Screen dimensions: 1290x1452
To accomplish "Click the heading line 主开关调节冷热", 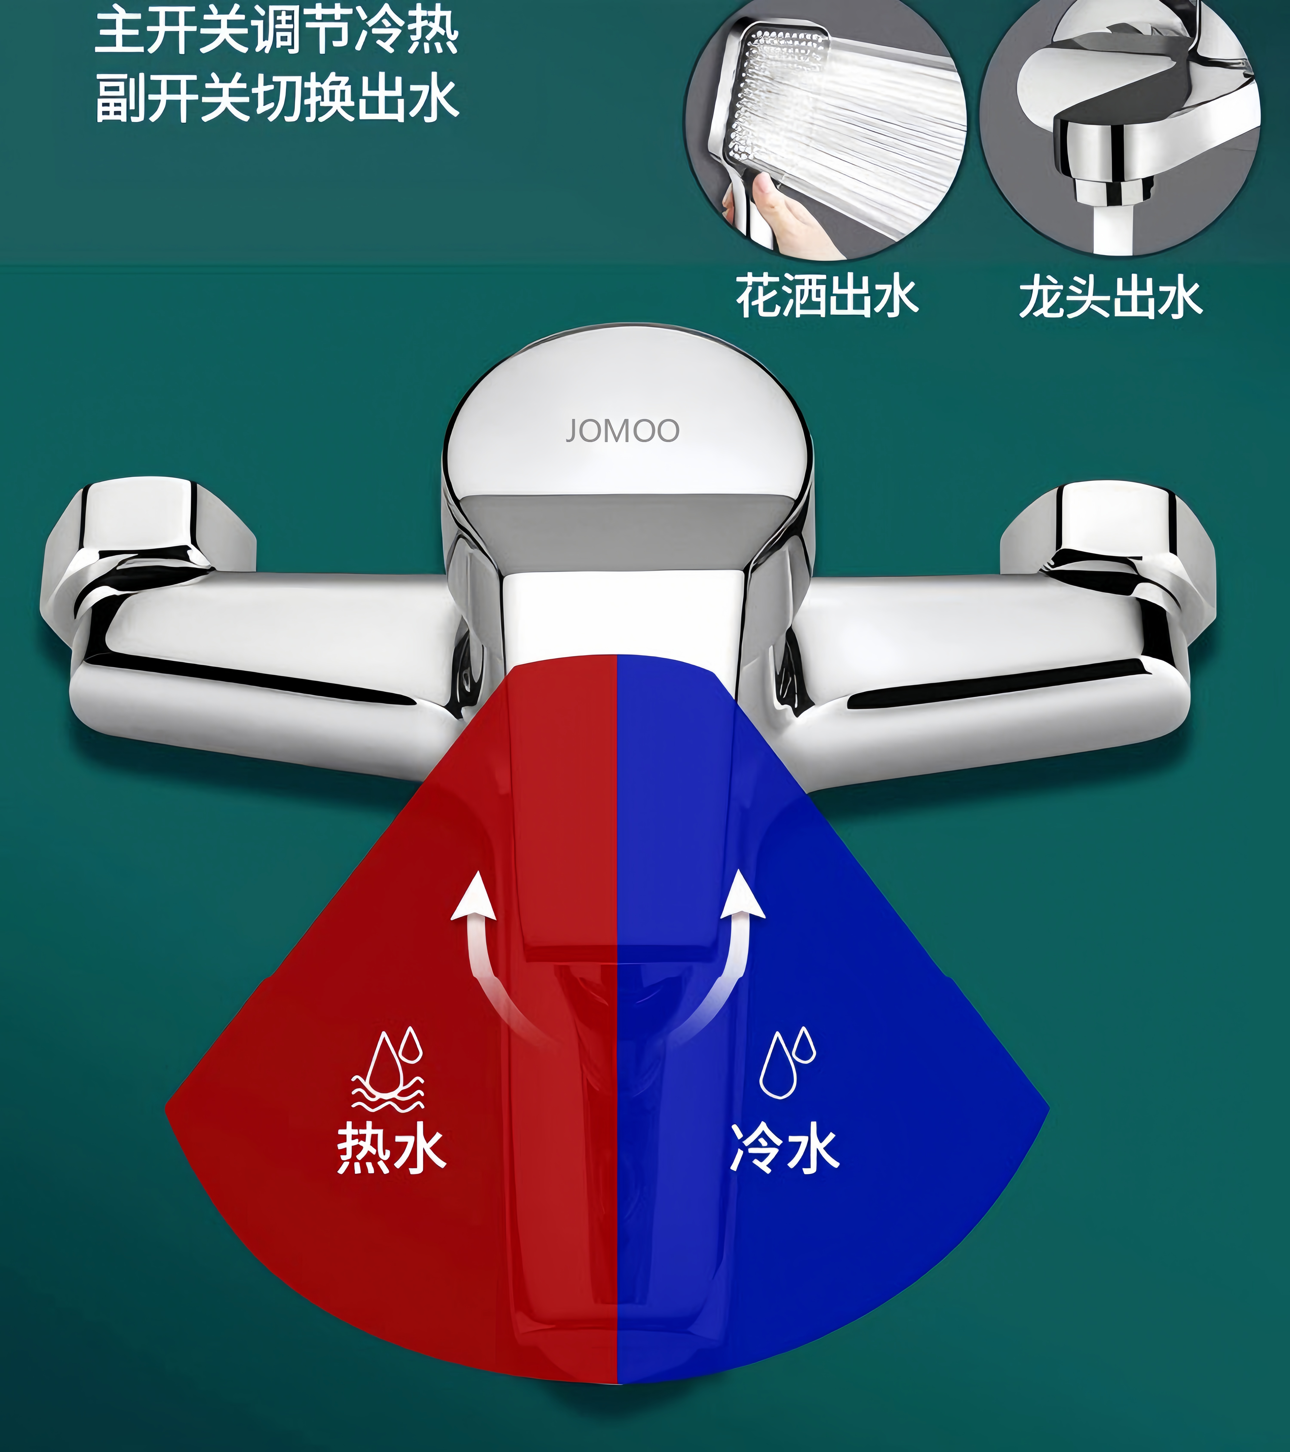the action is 277,32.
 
